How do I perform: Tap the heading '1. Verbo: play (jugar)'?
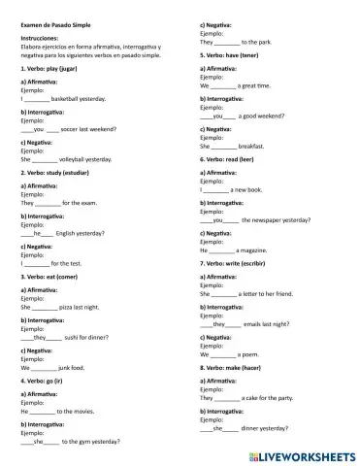click(x=52, y=71)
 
